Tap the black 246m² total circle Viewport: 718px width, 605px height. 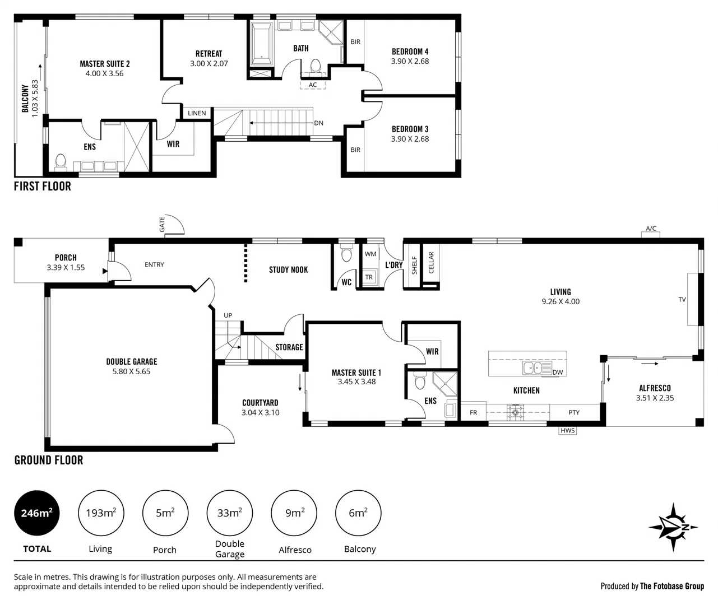click(x=37, y=513)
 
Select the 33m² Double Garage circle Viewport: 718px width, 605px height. click(x=230, y=513)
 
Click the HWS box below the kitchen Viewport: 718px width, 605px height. click(x=567, y=430)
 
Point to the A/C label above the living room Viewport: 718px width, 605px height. click(x=651, y=229)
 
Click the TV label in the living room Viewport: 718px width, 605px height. click(x=682, y=300)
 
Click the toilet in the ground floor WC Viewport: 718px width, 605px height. click(x=346, y=255)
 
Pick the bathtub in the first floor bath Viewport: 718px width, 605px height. click(x=261, y=44)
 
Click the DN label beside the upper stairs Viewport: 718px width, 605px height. click(x=318, y=123)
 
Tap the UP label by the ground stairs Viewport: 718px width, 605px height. click(x=228, y=315)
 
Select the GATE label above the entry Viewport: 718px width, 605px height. click(x=162, y=225)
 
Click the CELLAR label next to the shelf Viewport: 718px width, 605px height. click(x=431, y=263)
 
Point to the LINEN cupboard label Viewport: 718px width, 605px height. click(x=197, y=113)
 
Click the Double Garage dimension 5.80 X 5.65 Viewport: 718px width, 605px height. click(x=131, y=371)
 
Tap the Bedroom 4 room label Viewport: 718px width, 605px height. click(x=410, y=52)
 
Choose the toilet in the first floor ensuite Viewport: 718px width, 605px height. click(x=61, y=161)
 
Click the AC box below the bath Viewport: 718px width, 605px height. click(x=313, y=85)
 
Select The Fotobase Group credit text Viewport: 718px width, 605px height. click(x=671, y=586)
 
